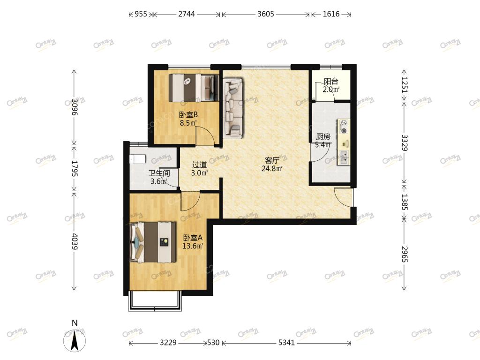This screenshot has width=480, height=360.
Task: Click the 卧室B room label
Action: pos(188,115)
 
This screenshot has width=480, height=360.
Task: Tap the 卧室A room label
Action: pos(193,238)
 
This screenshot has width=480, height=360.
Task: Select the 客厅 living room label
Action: pos(272,160)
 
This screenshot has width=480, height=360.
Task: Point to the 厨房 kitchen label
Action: pos(323,136)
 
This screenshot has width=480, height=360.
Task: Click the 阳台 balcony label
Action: pos(331,82)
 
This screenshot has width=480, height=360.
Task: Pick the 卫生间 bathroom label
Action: pos(159,173)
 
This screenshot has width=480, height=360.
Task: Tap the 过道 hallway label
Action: pos(200,165)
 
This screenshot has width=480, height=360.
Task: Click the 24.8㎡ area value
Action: pos(272,168)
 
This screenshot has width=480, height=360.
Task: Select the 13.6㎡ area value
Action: pos(193,246)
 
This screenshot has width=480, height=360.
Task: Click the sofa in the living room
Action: pos(232,107)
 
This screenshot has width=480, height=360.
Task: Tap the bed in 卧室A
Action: pos(153,242)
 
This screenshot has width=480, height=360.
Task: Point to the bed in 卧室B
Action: pos(194,88)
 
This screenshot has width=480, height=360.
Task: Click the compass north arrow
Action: pos(75,340)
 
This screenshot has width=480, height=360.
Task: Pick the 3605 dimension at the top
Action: pos(265,14)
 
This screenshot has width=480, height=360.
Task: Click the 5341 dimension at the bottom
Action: pos(286,343)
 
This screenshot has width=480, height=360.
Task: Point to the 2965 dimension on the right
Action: pos(405,254)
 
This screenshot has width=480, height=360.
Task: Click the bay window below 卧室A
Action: pos(155,301)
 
